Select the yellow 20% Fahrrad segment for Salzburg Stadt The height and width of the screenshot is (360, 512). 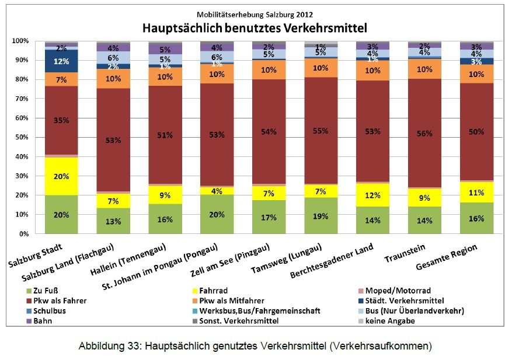[x=62, y=176]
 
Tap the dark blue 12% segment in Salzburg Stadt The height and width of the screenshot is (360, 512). [x=62, y=61]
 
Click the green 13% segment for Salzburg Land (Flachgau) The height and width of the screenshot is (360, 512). [x=113, y=221]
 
